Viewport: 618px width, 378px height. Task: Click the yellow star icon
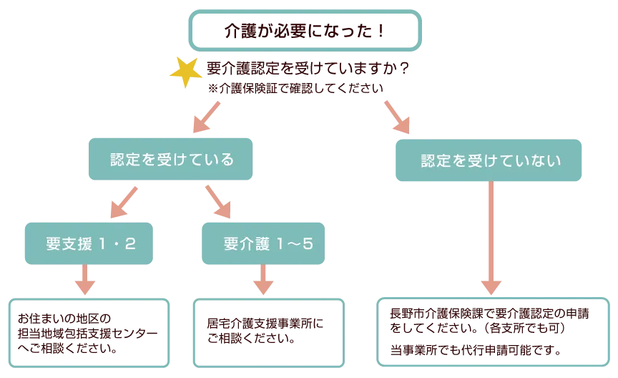(185, 72)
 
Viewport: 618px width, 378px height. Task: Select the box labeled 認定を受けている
(172, 160)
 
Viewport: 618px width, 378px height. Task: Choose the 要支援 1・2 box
(89, 243)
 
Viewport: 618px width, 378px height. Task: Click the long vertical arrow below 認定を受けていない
(490, 236)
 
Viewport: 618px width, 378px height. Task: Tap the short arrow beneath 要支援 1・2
(85, 281)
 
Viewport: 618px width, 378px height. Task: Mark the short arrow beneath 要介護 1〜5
(263, 281)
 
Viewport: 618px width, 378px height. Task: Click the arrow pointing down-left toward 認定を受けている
(205, 116)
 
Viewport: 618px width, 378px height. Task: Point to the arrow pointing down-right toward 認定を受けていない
(398, 116)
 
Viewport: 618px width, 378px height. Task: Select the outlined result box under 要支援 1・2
(89, 335)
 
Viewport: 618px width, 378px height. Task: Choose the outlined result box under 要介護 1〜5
(268, 333)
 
